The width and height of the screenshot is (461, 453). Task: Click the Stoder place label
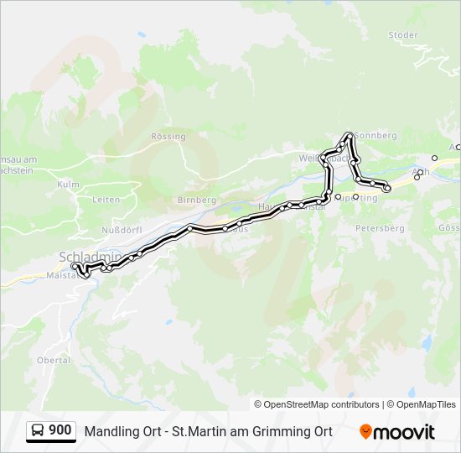(x=403, y=34)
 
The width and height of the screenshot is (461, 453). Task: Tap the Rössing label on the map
(x=168, y=136)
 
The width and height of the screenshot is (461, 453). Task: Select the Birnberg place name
(x=197, y=200)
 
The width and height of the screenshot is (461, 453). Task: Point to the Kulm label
(x=68, y=184)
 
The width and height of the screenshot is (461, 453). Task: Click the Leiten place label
(x=106, y=200)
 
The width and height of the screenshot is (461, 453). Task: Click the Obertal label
(x=53, y=359)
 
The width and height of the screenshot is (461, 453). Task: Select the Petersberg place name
(x=380, y=227)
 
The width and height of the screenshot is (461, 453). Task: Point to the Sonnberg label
(x=376, y=135)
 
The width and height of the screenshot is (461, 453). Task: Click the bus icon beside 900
(x=38, y=430)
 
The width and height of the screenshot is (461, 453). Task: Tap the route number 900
(x=60, y=430)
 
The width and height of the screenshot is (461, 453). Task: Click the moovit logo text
(x=406, y=432)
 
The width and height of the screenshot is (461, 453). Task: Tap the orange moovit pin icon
(x=365, y=431)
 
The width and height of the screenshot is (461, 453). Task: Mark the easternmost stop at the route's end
(x=387, y=189)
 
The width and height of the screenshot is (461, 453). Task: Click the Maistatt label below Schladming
(x=61, y=274)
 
